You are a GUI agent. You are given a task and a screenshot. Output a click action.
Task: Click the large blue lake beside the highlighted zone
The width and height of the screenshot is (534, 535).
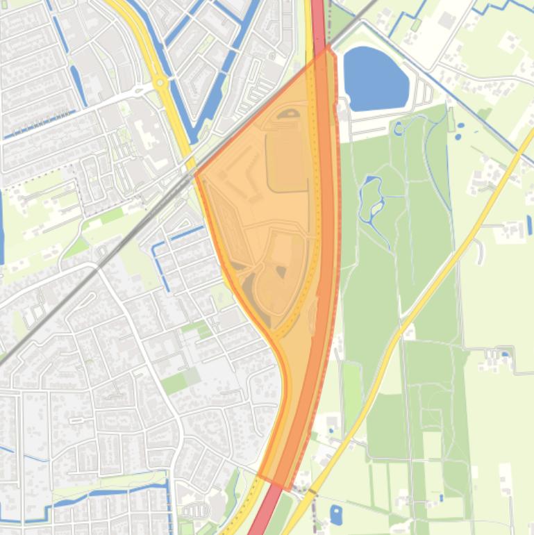376,78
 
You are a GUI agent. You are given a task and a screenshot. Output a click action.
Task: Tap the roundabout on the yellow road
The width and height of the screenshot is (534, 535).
161,83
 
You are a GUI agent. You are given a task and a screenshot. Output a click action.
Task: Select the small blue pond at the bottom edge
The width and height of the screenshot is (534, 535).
336,515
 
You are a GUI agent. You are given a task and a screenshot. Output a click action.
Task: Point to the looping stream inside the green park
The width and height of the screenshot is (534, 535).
372,198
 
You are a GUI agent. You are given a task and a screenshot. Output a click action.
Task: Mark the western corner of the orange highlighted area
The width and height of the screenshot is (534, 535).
196,174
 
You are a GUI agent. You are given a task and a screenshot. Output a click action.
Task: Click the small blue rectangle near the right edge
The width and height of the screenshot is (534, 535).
529,224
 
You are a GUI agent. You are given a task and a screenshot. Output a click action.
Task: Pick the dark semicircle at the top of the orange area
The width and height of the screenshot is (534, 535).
288,114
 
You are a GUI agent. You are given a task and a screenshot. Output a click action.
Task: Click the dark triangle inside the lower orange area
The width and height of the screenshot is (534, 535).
281,271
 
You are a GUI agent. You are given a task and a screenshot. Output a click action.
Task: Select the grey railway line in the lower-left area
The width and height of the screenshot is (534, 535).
56,306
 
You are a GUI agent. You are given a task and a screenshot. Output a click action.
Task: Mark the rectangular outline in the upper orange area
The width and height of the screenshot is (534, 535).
286,153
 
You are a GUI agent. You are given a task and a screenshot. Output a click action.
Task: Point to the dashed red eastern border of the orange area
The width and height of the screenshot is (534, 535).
339,208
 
